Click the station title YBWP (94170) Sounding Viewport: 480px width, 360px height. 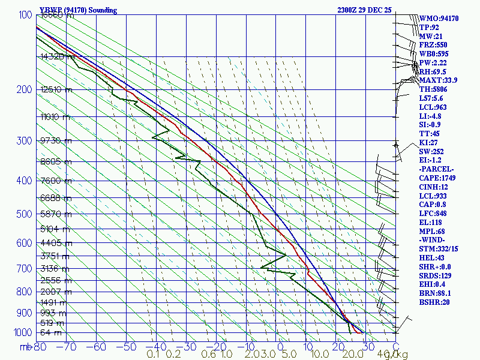78,10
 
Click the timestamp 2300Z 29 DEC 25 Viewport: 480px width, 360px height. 364,10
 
